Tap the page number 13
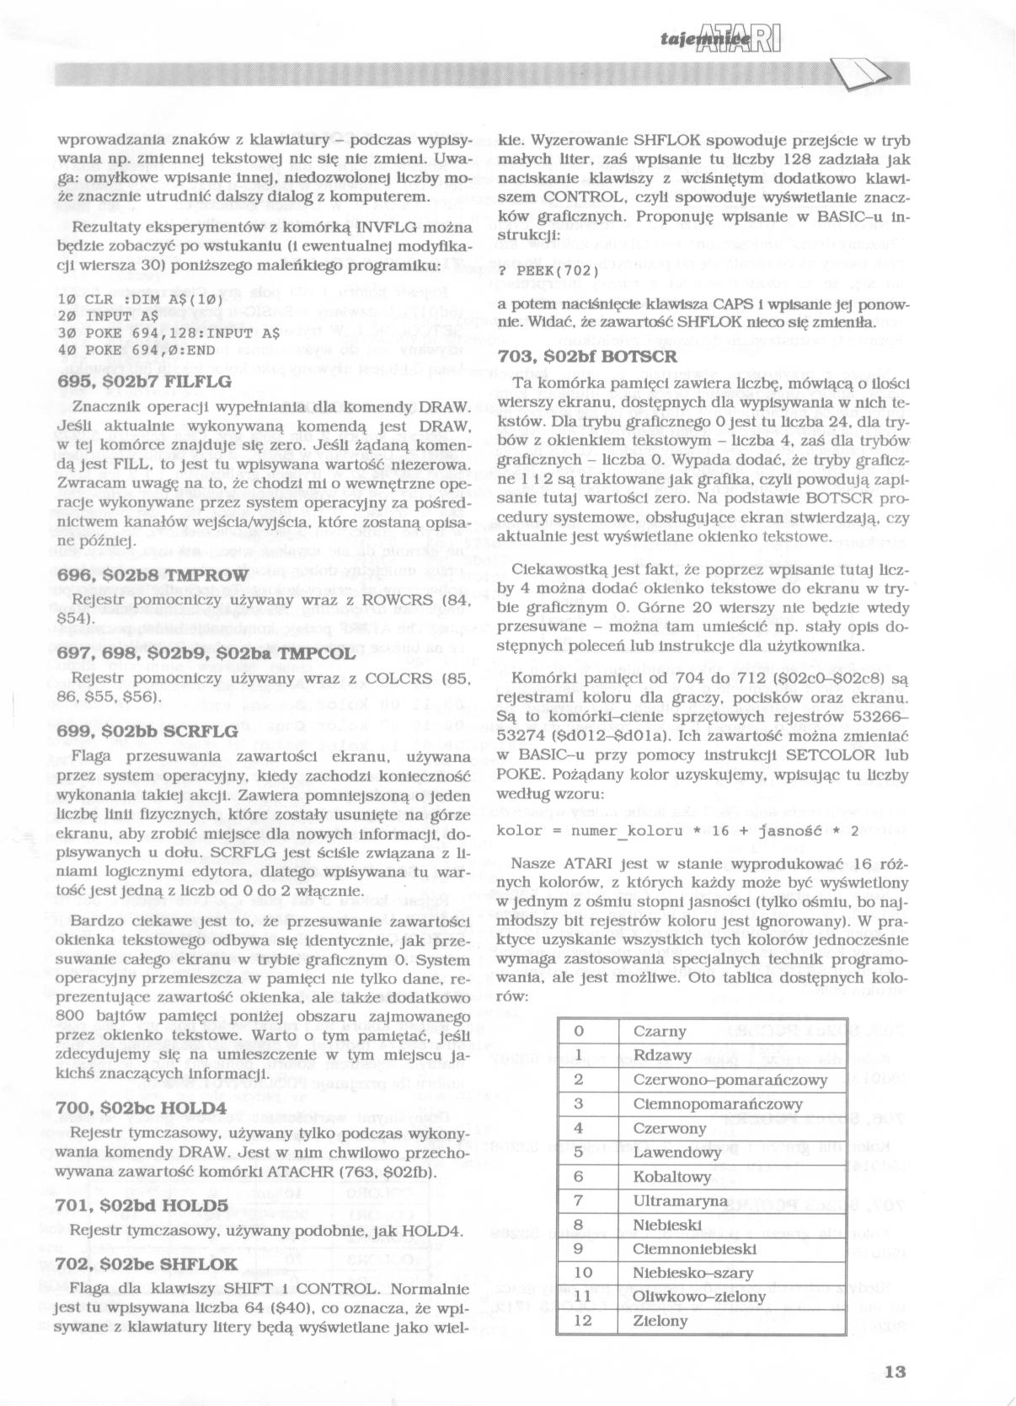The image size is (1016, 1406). point(896,1371)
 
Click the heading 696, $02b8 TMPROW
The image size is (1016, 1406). point(152,575)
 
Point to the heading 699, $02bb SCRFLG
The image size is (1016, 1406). point(147,731)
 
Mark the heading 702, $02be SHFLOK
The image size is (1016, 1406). point(147,1264)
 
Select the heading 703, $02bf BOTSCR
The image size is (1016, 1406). point(587,356)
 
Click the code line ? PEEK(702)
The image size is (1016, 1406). point(548,271)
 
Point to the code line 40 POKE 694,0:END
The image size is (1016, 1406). point(136,350)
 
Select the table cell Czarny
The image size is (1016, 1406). point(660,1031)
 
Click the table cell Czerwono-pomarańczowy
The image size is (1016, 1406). point(730,1080)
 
